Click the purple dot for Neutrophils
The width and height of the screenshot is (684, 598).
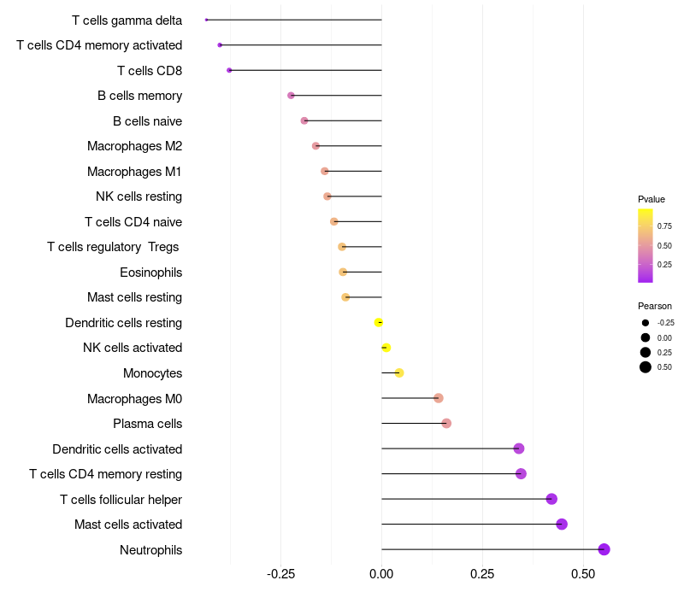click(x=604, y=549)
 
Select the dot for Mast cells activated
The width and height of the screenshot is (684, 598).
click(x=562, y=525)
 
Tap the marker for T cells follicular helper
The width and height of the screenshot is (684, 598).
click(x=551, y=499)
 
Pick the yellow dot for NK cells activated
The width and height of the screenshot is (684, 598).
click(x=386, y=348)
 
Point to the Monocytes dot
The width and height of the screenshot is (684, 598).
click(x=399, y=372)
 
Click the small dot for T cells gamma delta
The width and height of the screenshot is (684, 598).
click(x=207, y=20)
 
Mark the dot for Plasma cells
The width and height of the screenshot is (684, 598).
click(x=446, y=423)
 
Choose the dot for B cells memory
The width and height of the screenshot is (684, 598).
click(x=291, y=96)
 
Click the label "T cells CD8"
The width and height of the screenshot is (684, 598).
click(x=150, y=70)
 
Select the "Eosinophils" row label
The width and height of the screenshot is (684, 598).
click(x=150, y=273)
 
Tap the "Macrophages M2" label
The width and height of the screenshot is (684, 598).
click(x=134, y=146)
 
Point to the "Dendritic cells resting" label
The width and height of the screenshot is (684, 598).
click(x=123, y=323)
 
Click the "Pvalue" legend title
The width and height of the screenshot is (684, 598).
click(x=652, y=199)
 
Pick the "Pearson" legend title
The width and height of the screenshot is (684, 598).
click(x=655, y=306)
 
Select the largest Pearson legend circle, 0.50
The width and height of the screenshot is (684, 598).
click(x=646, y=367)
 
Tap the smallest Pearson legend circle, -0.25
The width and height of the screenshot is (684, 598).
click(x=646, y=323)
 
